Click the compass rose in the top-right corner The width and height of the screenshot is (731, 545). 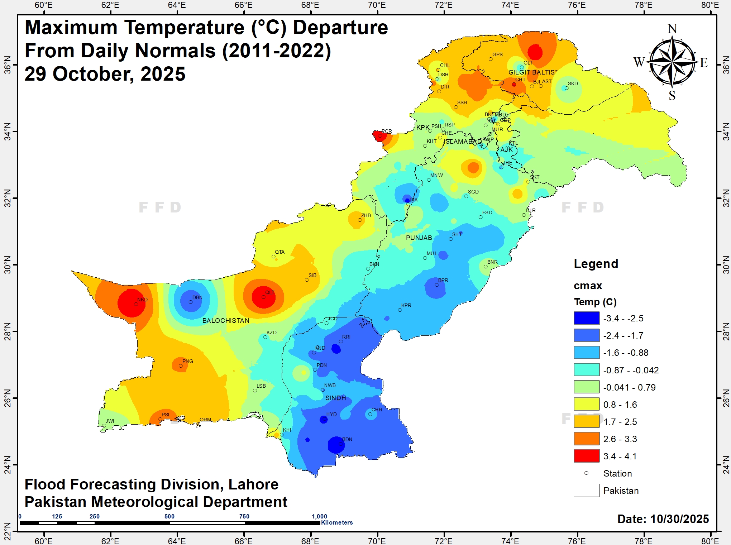[x=672, y=62]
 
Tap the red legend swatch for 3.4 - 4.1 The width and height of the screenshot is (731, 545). [x=586, y=456]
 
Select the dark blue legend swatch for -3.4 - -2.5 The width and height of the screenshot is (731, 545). [x=586, y=318]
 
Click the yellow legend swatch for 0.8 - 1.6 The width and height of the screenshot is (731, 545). [x=586, y=404]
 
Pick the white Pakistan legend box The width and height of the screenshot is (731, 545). [x=586, y=490]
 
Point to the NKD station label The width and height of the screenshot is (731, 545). [x=142, y=300]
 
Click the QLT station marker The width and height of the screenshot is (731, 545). [x=263, y=297]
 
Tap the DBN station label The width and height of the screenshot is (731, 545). [x=197, y=297]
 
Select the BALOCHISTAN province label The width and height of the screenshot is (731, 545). [x=226, y=321]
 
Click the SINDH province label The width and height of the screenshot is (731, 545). [x=336, y=398]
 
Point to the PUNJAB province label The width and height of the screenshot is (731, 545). [x=419, y=238]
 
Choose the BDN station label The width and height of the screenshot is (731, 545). [x=347, y=439]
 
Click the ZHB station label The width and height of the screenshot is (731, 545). [x=366, y=215]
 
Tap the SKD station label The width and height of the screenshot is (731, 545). [x=573, y=83]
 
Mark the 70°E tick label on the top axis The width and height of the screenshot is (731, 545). [x=377, y=5]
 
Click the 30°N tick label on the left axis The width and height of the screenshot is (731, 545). [x=7, y=265]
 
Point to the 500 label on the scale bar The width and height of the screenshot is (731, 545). [x=169, y=516]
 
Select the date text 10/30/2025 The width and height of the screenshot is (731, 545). [x=679, y=519]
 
